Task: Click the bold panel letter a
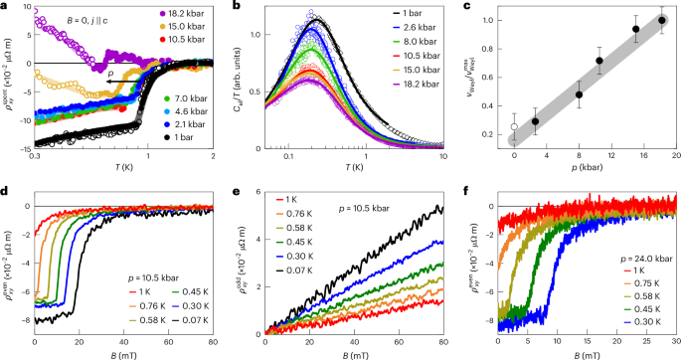click(5, 6)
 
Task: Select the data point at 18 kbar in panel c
click(660, 19)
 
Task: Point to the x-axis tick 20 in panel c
click(676, 156)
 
